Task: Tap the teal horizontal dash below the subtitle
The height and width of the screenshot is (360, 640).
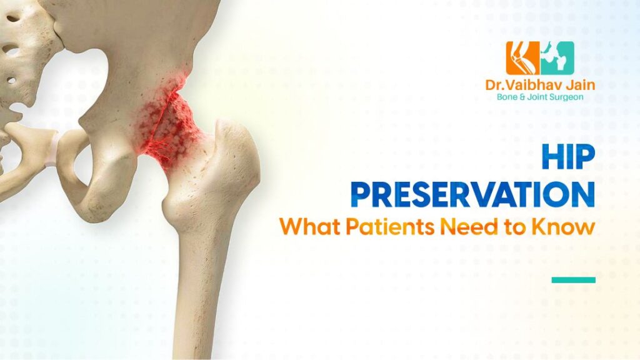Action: [x=573, y=279]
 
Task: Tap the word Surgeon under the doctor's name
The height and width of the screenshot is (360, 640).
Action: [x=571, y=98]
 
